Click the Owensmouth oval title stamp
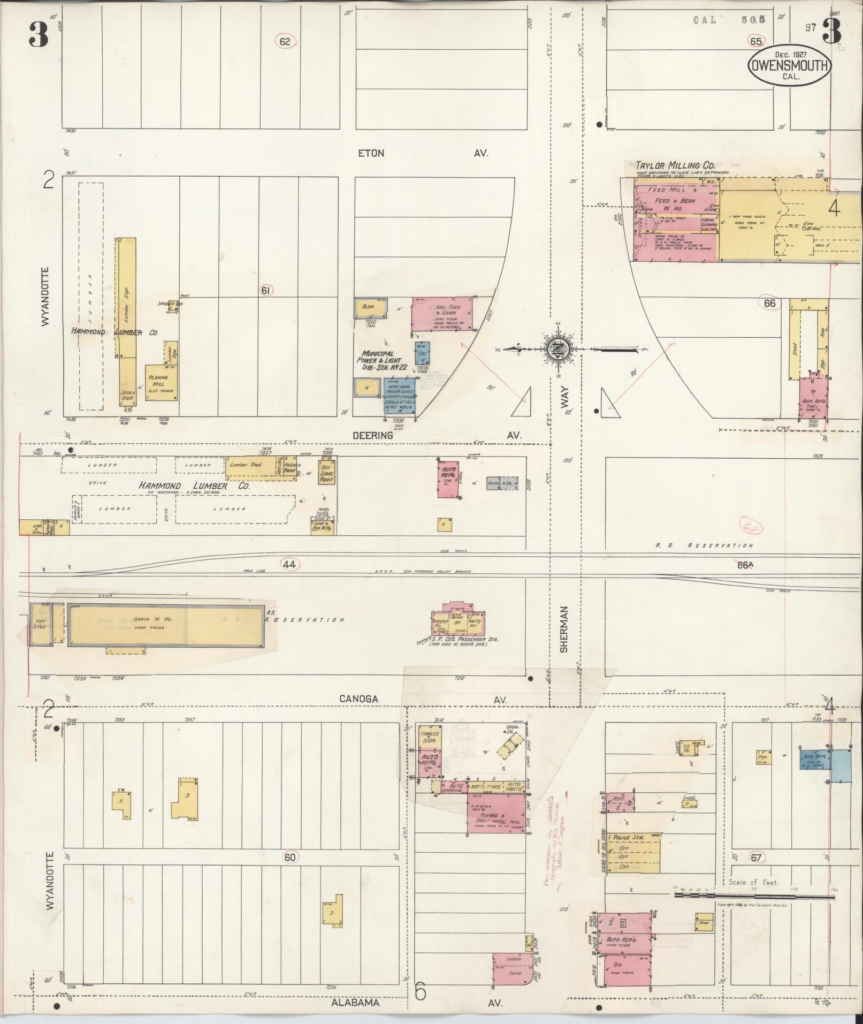pos(789,66)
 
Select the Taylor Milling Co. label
pos(675,165)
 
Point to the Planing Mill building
pos(162,383)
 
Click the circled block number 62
pos(285,41)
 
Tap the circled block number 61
pos(266,291)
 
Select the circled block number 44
pos(289,564)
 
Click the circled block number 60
pos(289,858)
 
